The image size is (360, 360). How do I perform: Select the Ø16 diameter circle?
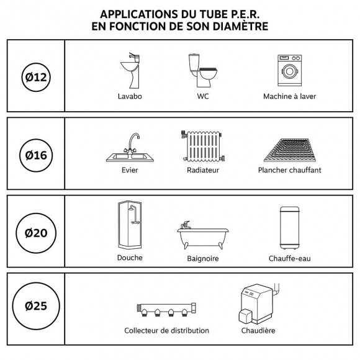[35, 153]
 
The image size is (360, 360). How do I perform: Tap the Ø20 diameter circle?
[35, 233]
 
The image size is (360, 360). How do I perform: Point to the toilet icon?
[202, 70]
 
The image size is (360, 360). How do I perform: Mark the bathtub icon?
[202, 236]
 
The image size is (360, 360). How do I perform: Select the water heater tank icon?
[286, 227]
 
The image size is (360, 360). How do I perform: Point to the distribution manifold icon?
[166, 308]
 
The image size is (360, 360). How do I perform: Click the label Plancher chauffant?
[289, 170]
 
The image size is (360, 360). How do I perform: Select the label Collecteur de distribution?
[166, 331]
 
